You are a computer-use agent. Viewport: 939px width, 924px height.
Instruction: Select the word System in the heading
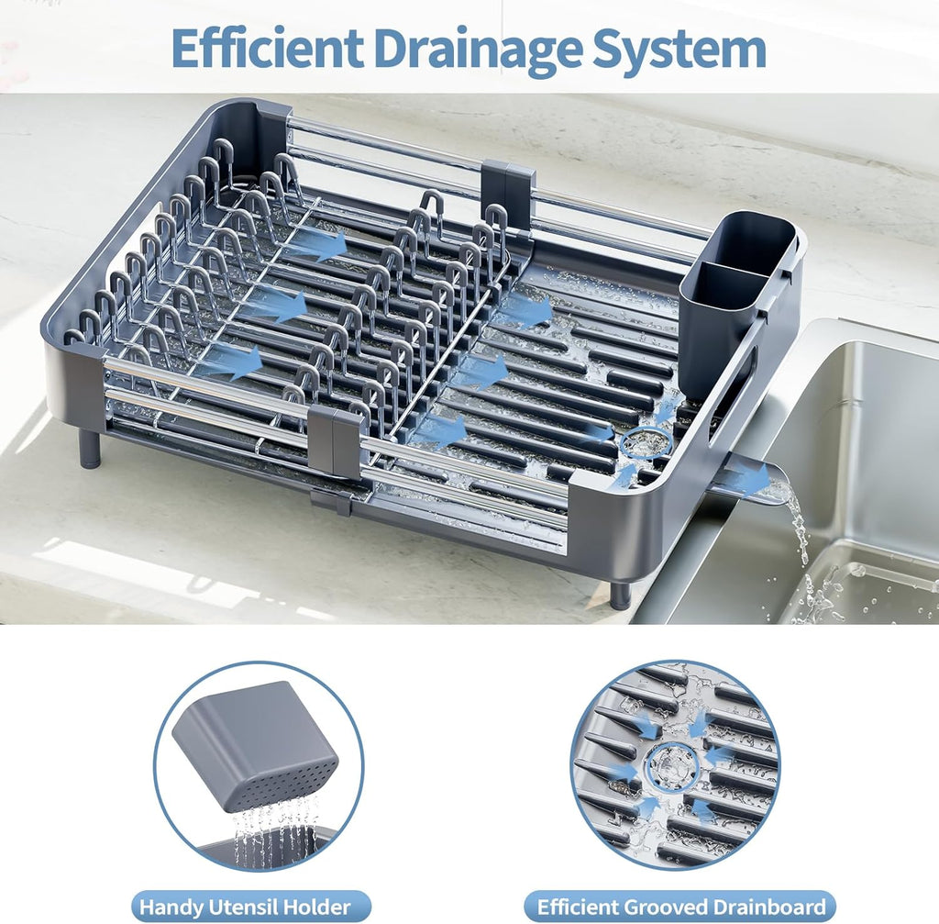(680, 50)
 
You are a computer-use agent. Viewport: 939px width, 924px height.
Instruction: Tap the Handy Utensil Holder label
(245, 907)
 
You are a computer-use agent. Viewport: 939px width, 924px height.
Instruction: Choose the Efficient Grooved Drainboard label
(680, 907)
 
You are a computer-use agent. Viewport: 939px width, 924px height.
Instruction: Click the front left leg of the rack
(89, 449)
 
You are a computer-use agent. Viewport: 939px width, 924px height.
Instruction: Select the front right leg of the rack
(621, 595)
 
